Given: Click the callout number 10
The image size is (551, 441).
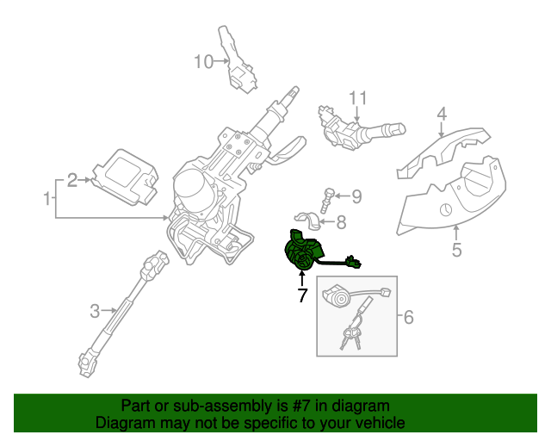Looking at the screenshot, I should (202, 61).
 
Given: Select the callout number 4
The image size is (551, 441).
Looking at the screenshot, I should (441, 114).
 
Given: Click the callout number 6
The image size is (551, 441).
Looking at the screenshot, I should (408, 318).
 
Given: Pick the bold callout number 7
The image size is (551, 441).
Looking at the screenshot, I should (302, 296).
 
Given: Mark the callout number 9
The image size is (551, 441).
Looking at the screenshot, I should (356, 196).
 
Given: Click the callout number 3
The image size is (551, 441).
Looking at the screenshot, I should (96, 308).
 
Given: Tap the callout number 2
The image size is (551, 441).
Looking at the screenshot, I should (73, 179).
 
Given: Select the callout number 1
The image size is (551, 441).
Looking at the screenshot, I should (46, 199).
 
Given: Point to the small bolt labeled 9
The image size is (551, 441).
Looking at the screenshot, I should (327, 199).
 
